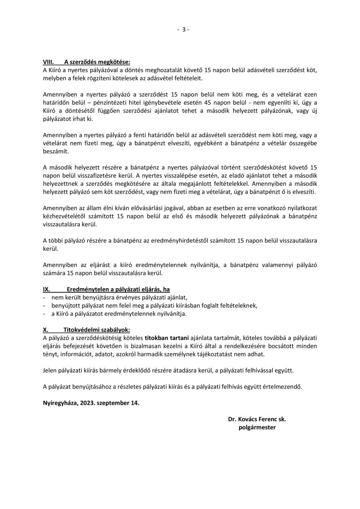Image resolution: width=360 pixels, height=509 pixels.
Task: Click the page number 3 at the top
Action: click(x=183, y=29)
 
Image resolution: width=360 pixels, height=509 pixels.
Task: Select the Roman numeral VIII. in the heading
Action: click(x=48, y=62)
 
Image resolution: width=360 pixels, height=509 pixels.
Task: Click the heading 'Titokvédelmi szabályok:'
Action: click(x=93, y=330)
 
